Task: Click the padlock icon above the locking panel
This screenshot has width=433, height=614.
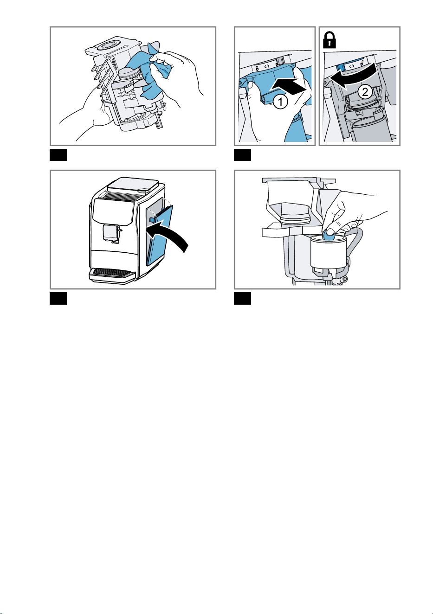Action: [x=330, y=40]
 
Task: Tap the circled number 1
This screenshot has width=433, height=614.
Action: [x=280, y=102]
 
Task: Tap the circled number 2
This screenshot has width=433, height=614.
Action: [x=365, y=92]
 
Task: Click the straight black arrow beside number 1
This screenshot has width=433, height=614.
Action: [x=288, y=86]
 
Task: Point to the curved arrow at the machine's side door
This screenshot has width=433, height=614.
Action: [x=169, y=234]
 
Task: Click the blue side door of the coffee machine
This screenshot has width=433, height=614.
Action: [x=160, y=236]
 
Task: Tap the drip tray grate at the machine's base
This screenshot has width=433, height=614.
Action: [x=112, y=272]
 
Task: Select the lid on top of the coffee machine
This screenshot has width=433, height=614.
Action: [x=133, y=185]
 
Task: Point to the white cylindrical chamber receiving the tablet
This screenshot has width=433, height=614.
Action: [x=329, y=251]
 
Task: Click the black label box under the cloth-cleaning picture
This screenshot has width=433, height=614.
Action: [x=58, y=155]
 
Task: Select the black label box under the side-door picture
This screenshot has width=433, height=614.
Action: [x=58, y=299]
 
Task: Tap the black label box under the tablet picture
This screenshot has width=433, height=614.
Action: [x=243, y=299]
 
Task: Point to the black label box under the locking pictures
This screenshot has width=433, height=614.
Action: [x=243, y=155]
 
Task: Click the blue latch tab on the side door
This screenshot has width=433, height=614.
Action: [x=152, y=220]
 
